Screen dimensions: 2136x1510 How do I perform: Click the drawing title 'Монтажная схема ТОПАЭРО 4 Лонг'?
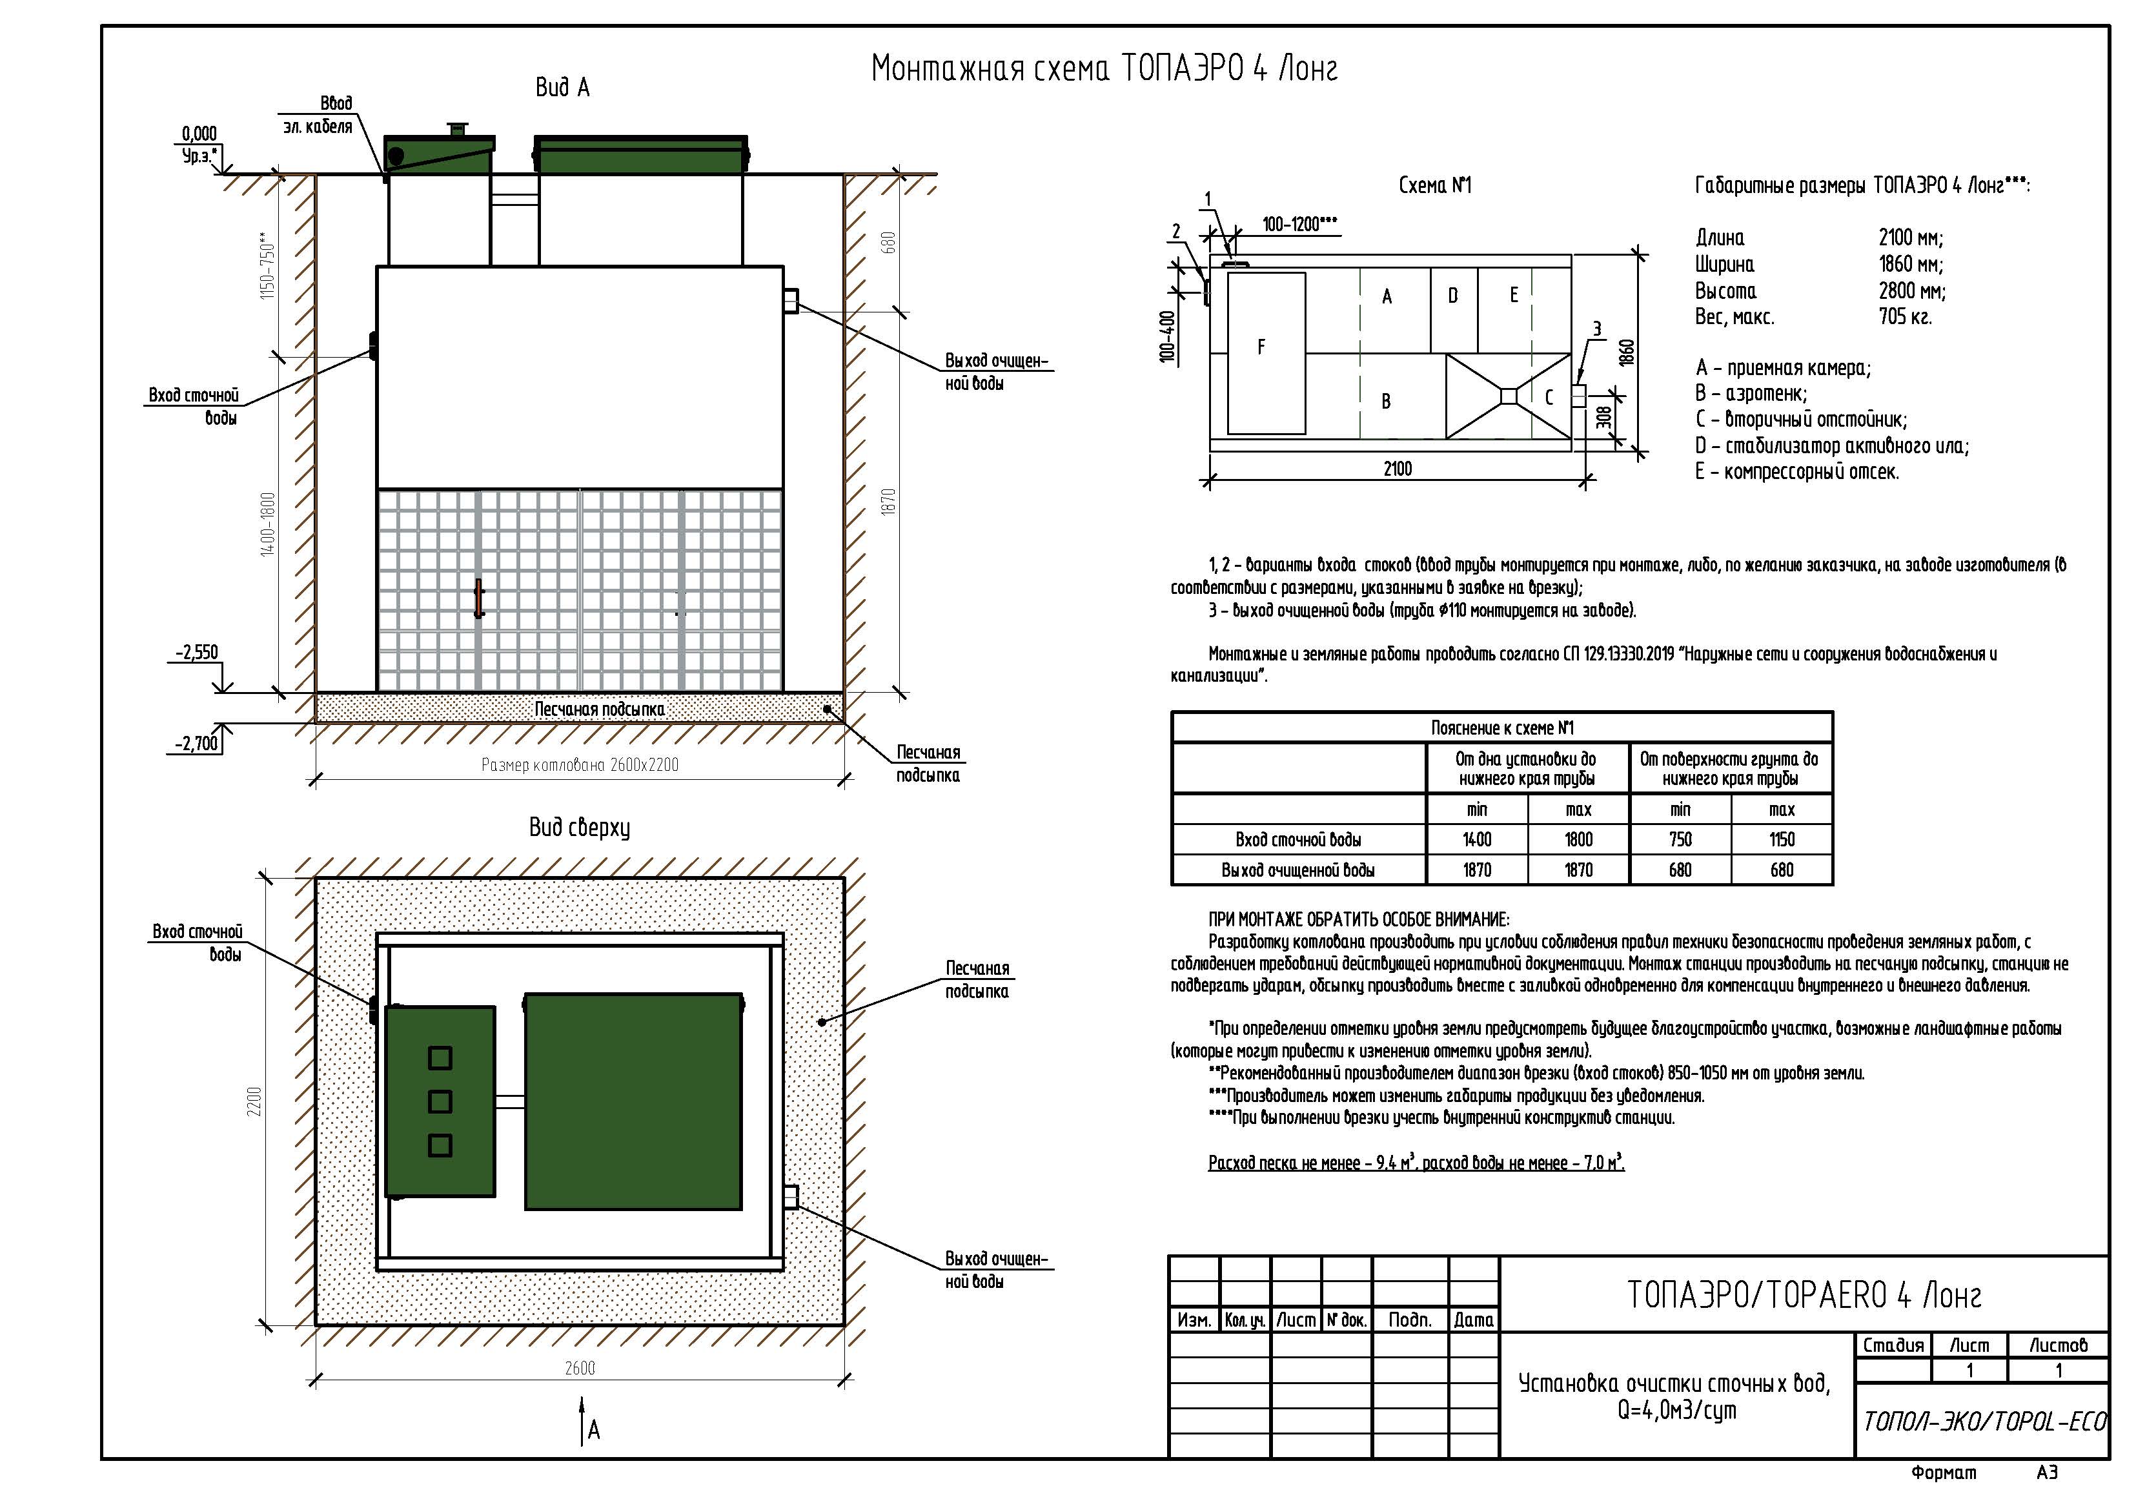[1104, 69]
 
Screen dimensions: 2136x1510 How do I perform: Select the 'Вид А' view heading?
[562, 87]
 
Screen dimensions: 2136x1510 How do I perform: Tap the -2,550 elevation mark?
[198, 652]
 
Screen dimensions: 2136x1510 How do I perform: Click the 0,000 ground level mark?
[199, 134]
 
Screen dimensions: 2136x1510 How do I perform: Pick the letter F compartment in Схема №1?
[1261, 347]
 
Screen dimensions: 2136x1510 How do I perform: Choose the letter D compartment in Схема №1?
[1453, 296]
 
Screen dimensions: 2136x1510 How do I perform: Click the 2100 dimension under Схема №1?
[1398, 469]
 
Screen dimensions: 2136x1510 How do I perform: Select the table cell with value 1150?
[1782, 840]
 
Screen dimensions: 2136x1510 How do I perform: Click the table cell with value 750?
[1680, 840]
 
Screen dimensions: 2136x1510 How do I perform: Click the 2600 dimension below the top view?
[580, 1368]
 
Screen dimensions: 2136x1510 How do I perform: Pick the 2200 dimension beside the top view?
[255, 1101]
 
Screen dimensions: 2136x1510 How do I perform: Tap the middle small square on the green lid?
[440, 1101]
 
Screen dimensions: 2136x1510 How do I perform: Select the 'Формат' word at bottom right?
[1944, 1473]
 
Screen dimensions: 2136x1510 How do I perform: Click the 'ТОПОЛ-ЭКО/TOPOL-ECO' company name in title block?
[1984, 1422]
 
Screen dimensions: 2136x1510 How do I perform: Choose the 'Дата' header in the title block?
[1474, 1320]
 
